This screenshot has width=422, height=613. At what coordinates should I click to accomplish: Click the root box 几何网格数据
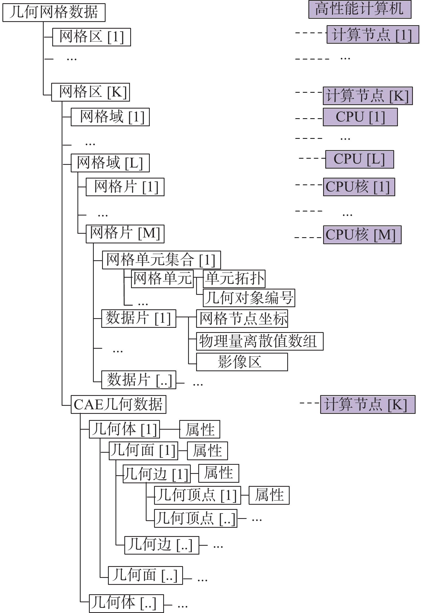pyautogui.click(x=54, y=13)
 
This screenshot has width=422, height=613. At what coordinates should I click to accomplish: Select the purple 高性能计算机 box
pyautogui.click(x=360, y=9)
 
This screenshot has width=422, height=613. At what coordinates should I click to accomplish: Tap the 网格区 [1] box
pyautogui.click(x=91, y=37)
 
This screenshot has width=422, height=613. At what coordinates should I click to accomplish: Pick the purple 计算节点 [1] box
pyautogui.click(x=372, y=35)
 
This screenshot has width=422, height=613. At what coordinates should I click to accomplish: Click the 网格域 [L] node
pyautogui.click(x=110, y=163)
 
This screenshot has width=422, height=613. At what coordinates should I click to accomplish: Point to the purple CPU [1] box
pyautogui.click(x=360, y=117)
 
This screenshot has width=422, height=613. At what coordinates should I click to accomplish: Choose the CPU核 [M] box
pyautogui.click(x=362, y=235)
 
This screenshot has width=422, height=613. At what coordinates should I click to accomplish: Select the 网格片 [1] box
pyautogui.click(x=125, y=187)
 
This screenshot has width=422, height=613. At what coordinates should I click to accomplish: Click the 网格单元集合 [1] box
pyautogui.click(x=161, y=260)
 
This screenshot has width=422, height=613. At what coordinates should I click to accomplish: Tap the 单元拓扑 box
pyautogui.click(x=234, y=279)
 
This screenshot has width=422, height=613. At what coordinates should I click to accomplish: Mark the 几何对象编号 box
pyautogui.click(x=249, y=298)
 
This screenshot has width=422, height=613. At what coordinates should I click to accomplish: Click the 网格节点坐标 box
pyautogui.click(x=242, y=319)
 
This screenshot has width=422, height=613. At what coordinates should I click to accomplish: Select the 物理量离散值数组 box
pyautogui.click(x=260, y=341)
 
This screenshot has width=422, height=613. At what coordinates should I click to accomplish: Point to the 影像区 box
pyautogui.click(x=242, y=362)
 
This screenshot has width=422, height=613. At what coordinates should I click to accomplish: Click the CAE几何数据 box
pyautogui.click(x=118, y=404)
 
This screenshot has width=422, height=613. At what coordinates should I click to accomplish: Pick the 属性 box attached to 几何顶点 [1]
pyautogui.click(x=269, y=495)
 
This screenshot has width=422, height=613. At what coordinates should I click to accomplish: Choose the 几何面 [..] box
pyautogui.click(x=145, y=575)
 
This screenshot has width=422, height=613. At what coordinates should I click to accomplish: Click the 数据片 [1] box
pyautogui.click(x=139, y=318)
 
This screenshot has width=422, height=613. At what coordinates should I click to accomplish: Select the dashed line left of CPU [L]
pyautogui.click(x=312, y=158)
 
